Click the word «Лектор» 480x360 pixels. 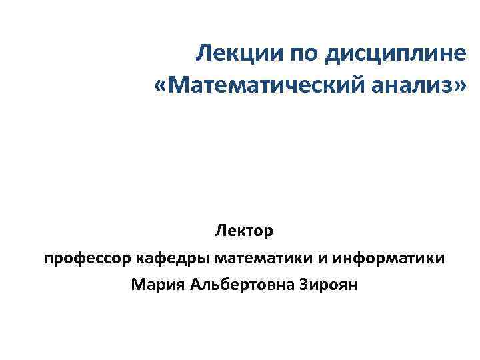[x=244, y=231]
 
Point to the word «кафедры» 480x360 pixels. [x=169, y=259]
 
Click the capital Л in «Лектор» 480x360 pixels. [x=219, y=231]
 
